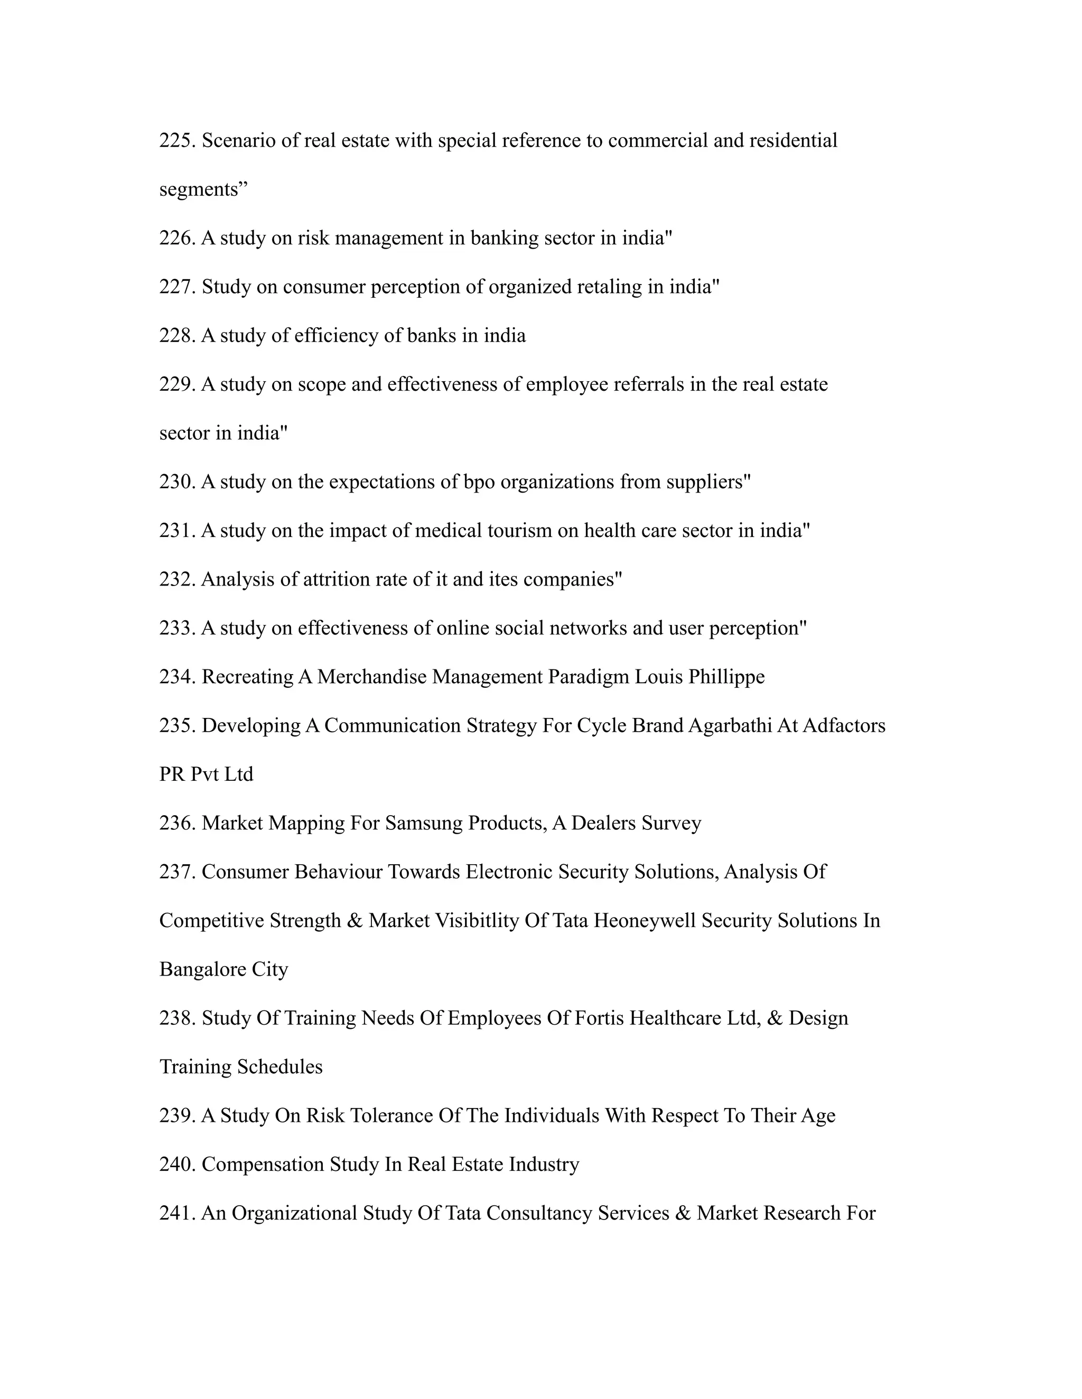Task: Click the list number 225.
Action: click(177, 140)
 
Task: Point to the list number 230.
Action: click(177, 481)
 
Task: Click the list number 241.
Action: click(177, 1213)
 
